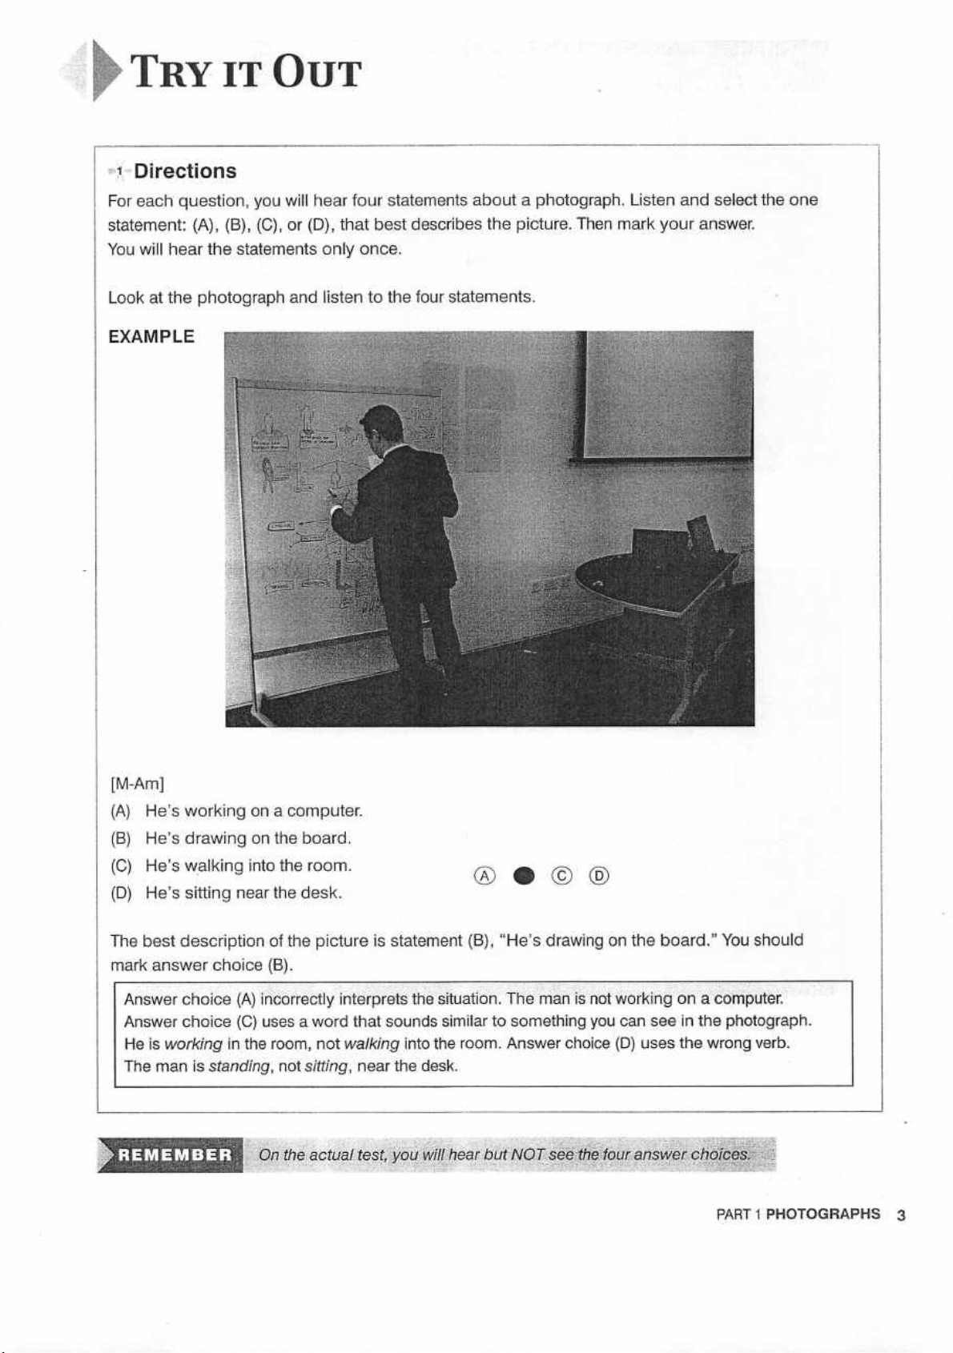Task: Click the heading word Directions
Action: [185, 171]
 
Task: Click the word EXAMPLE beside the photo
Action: [151, 337]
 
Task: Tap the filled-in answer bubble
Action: [524, 877]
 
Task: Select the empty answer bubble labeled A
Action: [484, 877]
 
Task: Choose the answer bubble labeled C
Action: [562, 877]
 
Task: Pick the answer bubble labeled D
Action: [599, 877]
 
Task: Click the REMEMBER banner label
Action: [175, 1155]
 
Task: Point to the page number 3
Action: [901, 1215]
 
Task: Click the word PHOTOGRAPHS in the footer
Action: [822, 1214]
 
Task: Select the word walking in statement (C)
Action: [214, 866]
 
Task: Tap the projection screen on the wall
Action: [669, 396]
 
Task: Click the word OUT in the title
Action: [316, 74]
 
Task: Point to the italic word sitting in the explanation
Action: [326, 1067]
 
